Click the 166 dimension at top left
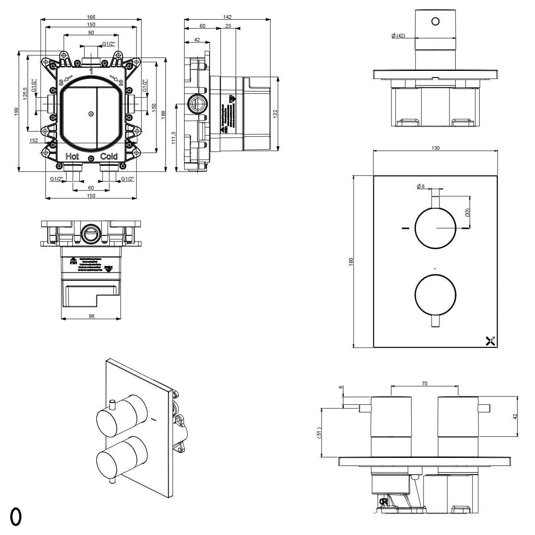pyautogui.click(x=91, y=17)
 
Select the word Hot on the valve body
pyautogui.click(x=72, y=156)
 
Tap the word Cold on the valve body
pyautogui.click(x=109, y=156)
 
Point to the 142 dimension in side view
pyautogui.click(x=227, y=17)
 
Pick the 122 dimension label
pyautogui.click(x=275, y=114)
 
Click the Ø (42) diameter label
pyautogui.click(x=398, y=36)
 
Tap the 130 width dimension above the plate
pyautogui.click(x=436, y=148)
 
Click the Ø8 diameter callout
pyautogui.click(x=420, y=187)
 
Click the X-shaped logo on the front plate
pyautogui.click(x=490, y=341)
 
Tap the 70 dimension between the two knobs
pyautogui.click(x=424, y=383)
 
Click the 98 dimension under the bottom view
pyautogui.click(x=91, y=316)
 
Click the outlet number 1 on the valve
pyautogui.click(x=91, y=71)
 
